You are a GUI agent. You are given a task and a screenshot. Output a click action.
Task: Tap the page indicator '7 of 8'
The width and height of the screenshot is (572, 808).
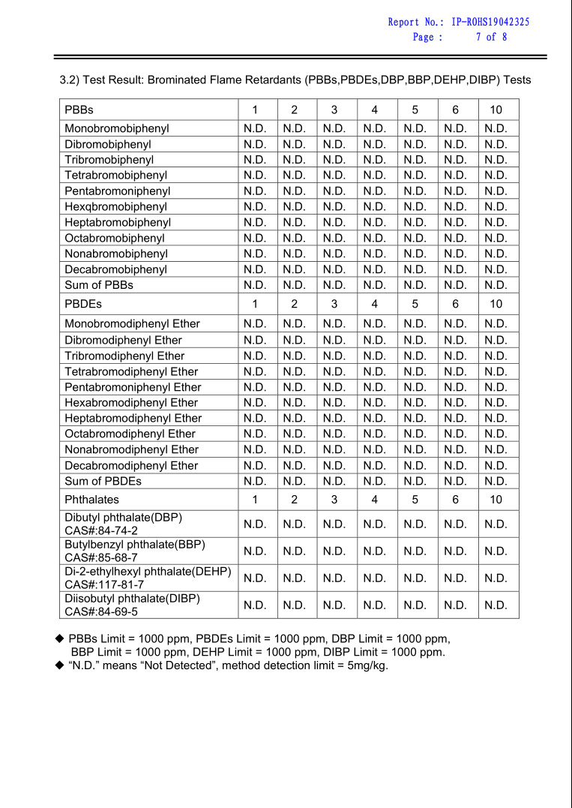[x=491, y=37]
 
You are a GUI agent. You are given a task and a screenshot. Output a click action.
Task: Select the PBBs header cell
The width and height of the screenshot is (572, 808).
[x=79, y=110]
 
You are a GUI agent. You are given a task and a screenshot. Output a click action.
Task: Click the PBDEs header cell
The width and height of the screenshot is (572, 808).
[x=82, y=304]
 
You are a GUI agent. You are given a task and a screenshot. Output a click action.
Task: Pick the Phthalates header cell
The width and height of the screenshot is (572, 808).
[x=91, y=500]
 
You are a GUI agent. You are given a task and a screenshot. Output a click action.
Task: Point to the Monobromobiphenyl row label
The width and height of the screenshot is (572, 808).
[x=116, y=128]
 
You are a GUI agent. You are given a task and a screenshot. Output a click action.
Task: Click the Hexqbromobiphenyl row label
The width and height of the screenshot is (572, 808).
[x=115, y=206]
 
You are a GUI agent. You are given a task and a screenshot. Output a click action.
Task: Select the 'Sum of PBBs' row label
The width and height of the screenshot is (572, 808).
[x=99, y=285]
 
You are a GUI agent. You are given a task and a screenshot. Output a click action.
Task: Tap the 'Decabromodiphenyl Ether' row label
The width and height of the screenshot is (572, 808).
[x=131, y=465]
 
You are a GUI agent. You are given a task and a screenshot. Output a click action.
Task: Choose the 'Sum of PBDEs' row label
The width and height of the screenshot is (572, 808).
[x=103, y=481]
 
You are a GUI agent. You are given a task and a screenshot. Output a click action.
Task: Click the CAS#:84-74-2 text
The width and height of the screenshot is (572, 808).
[x=100, y=530]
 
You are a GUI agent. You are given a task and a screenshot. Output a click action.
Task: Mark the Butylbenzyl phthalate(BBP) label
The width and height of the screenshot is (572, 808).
[x=135, y=544]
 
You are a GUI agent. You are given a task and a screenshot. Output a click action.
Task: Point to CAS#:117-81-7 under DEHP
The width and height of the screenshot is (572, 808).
[x=104, y=584]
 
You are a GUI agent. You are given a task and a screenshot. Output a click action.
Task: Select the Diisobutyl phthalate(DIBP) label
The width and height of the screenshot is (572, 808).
[x=132, y=599]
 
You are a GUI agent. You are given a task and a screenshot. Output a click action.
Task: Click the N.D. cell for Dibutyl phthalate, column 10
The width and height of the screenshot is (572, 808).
[x=496, y=524]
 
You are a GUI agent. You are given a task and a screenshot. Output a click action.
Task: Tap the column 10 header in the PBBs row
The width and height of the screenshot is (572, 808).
[x=496, y=110]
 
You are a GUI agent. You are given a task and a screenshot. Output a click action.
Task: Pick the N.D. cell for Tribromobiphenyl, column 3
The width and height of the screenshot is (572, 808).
[x=334, y=160]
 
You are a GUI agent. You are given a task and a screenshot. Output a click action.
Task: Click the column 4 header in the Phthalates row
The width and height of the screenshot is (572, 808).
[x=374, y=500]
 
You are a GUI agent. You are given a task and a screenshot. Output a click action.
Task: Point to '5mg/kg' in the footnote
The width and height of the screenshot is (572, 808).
[x=368, y=665]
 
